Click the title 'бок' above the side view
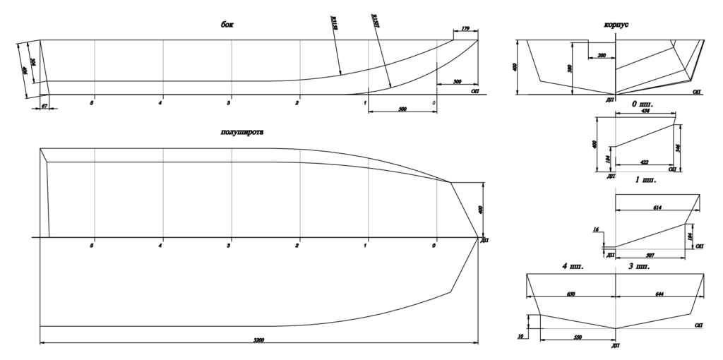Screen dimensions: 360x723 (226, 25)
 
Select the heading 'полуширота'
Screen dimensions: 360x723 (242, 131)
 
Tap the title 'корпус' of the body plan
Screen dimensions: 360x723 (616, 25)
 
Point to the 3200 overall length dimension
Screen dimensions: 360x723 (260, 340)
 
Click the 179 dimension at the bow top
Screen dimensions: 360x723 (465, 29)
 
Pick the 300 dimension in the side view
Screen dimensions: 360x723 (458, 82)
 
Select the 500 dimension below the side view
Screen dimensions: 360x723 (402, 109)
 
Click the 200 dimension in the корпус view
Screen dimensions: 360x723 (602, 55)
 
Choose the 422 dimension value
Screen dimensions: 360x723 (643, 161)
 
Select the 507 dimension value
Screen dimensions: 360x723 (650, 253)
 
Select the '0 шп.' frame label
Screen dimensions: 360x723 (643, 103)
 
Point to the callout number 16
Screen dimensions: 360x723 (597, 230)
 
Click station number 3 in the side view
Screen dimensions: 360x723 (228, 103)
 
